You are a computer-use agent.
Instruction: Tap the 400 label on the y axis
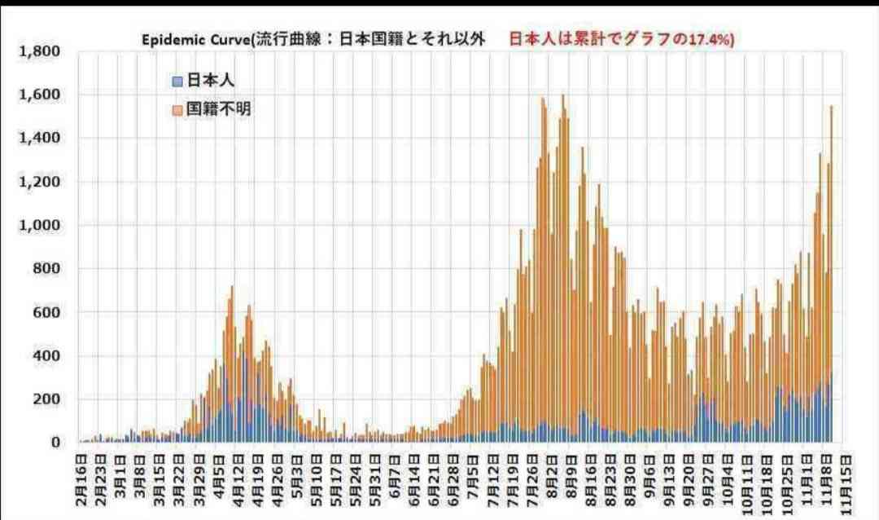pyautogui.click(x=44, y=355)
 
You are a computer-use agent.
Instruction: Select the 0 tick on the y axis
pyautogui.click(x=55, y=443)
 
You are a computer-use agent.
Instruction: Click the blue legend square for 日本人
pyautogui.click(x=177, y=81)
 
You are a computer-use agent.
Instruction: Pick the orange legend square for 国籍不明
pyautogui.click(x=177, y=108)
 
